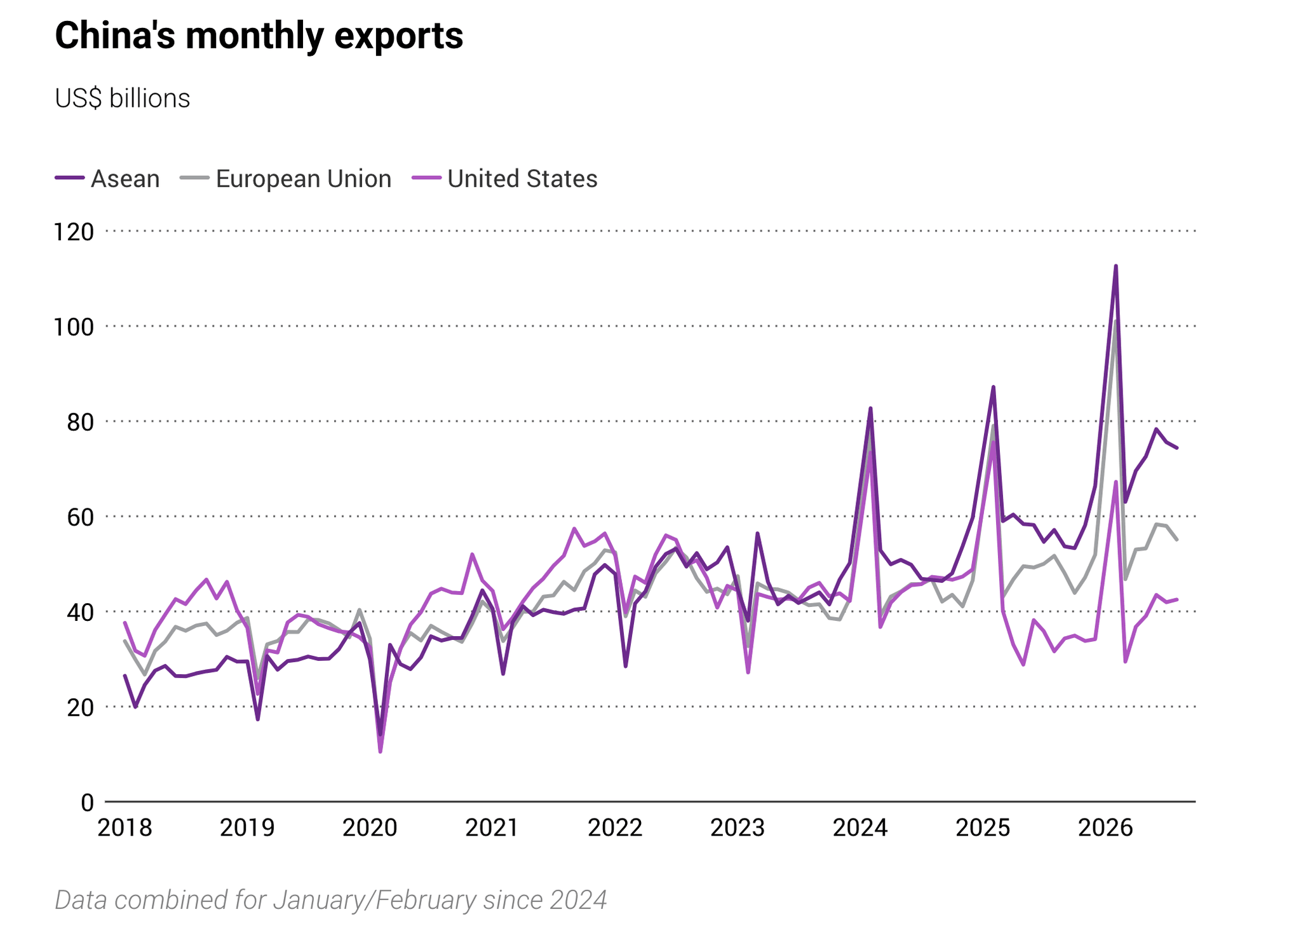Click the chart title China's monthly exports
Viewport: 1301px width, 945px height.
click(259, 36)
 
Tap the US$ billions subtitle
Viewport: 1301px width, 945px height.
click(123, 99)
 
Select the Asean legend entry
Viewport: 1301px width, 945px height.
click(107, 179)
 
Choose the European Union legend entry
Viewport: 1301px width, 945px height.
click(286, 179)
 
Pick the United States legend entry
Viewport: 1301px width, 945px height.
click(505, 179)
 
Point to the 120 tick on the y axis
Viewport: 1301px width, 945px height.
click(73, 232)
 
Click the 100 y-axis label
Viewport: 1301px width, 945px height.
click(73, 327)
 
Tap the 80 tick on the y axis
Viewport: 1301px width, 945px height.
click(80, 422)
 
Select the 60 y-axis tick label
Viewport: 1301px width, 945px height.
click(80, 517)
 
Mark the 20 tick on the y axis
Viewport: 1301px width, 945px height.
click(80, 707)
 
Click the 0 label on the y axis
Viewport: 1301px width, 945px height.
click(87, 803)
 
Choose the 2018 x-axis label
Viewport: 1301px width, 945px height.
click(125, 827)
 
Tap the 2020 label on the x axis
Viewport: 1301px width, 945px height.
click(370, 827)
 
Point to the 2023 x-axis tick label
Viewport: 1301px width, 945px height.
click(738, 827)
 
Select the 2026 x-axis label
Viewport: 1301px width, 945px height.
click(1106, 827)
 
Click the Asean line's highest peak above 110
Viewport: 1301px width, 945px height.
click(1116, 266)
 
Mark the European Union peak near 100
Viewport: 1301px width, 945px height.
click(1116, 321)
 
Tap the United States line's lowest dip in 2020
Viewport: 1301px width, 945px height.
click(380, 752)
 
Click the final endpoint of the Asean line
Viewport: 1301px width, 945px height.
click(1177, 448)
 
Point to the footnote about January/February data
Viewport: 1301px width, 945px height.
click(331, 901)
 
